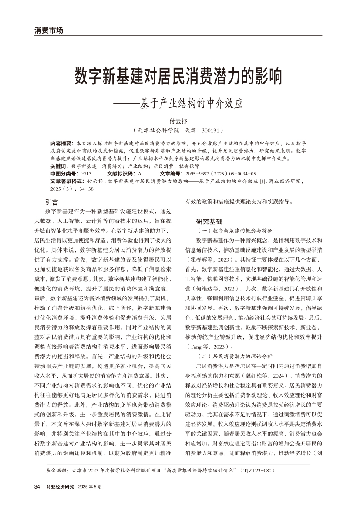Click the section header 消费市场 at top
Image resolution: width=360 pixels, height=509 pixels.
point(49,30)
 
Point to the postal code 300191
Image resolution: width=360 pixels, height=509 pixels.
point(211,130)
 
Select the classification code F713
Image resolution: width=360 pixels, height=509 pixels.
point(86,173)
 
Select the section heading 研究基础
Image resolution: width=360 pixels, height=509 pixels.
point(209,221)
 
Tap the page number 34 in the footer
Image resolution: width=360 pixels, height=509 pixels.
point(37,486)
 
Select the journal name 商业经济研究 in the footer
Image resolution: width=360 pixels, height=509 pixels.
point(60,486)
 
